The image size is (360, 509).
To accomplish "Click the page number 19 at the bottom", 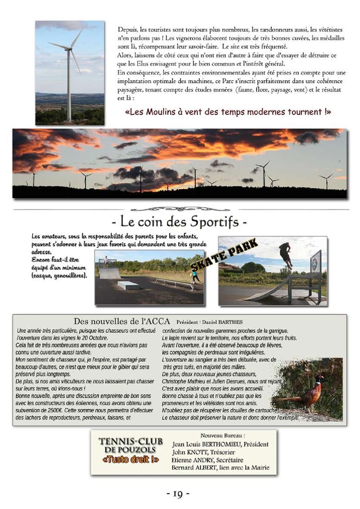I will point(178,494).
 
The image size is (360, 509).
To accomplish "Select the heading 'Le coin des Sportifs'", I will point(179,222).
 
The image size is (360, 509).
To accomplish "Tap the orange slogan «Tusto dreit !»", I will point(130,459).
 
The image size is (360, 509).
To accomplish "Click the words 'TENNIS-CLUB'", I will point(130,441).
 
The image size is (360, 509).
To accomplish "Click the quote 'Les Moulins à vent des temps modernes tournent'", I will point(227,112).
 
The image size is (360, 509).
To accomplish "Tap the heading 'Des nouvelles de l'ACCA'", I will point(122,321).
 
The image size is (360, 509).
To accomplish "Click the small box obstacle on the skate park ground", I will point(128,285).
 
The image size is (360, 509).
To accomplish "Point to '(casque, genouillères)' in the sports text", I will point(59,275).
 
